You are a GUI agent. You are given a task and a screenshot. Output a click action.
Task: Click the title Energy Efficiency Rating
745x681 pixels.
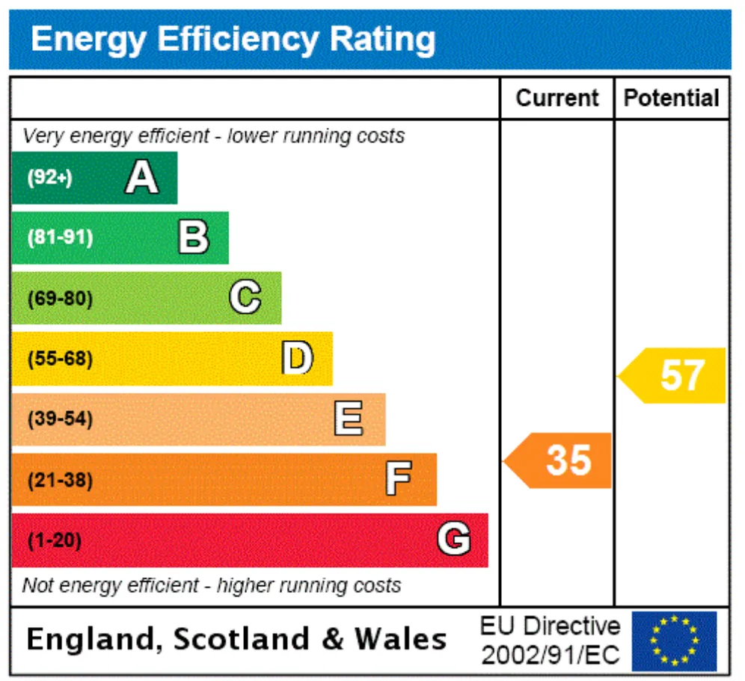(233, 40)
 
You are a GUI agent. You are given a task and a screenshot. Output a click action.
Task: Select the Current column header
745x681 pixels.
(557, 99)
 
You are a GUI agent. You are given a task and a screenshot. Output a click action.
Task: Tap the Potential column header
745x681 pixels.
(672, 99)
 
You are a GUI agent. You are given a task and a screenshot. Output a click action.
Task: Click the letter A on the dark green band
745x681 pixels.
(141, 177)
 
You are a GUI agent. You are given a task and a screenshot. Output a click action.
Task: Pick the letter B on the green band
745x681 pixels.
(194, 237)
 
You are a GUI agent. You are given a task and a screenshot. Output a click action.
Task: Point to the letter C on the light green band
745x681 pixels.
(245, 297)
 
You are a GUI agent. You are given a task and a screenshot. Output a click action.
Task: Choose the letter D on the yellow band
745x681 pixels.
(298, 357)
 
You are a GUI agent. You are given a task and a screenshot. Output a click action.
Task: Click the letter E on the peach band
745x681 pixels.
(349, 418)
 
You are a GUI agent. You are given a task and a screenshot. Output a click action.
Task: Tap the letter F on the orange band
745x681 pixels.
(399, 478)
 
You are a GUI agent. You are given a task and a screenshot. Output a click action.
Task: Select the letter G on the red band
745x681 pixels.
(454, 538)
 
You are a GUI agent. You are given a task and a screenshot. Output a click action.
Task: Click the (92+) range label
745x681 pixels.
(50, 178)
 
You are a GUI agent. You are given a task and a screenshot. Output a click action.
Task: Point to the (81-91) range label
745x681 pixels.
(61, 237)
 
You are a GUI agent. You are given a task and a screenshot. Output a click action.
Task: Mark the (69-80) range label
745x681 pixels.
(61, 299)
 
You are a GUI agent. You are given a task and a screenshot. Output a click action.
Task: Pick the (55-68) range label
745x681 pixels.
(61, 359)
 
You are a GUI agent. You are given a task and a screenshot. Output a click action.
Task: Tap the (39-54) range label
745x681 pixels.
(61, 419)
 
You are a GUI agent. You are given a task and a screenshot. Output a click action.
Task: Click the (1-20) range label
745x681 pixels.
(55, 540)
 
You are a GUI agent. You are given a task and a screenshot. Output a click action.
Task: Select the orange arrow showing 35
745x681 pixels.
(557, 460)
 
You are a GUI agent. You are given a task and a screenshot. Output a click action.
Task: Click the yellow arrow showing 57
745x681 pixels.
(672, 376)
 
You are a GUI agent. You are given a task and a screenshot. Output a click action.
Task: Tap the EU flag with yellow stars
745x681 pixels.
(674, 641)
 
